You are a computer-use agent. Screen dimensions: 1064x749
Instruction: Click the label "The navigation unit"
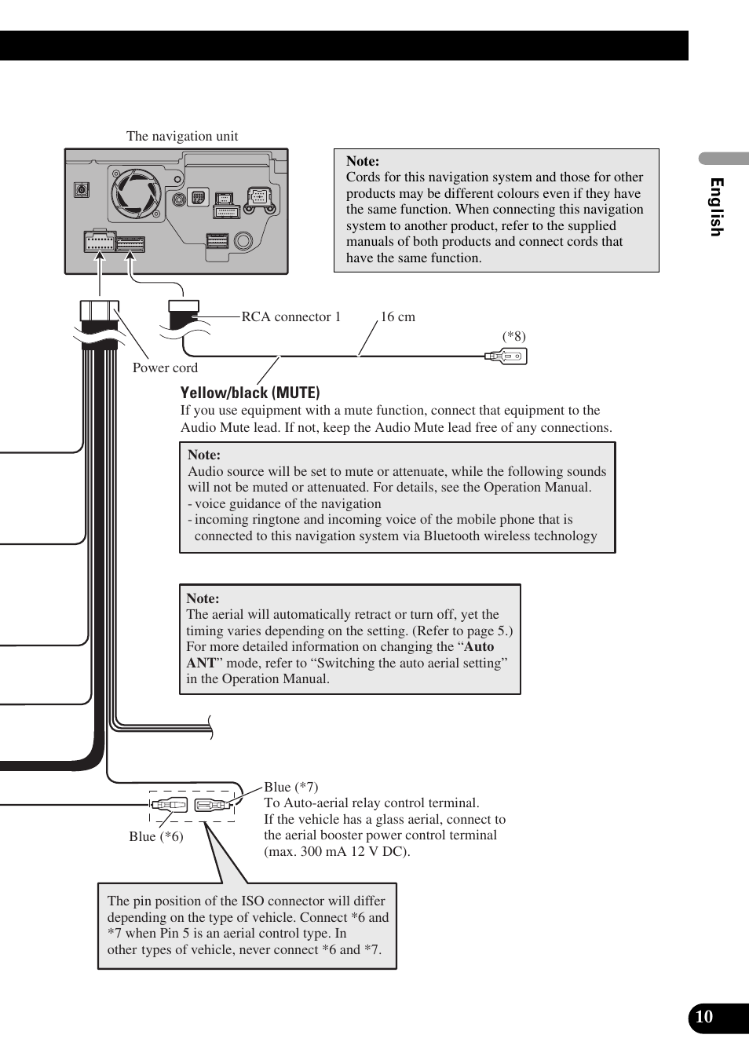point(182,136)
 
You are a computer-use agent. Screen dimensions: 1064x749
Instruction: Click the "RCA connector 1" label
point(291,316)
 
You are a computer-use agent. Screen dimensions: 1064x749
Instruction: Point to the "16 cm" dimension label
point(398,316)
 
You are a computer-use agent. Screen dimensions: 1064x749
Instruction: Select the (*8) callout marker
point(514,336)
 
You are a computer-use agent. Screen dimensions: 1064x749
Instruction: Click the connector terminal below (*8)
point(506,356)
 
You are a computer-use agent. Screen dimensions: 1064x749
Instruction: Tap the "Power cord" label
point(165,367)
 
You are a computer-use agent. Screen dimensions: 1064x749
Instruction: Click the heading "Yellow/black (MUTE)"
point(250,393)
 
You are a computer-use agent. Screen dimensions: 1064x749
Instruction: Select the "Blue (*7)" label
point(290,787)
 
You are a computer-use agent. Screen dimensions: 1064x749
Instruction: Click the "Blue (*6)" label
point(156,836)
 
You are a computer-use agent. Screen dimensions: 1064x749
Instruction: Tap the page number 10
point(704,1017)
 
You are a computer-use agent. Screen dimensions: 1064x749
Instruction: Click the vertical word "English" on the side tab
point(716,207)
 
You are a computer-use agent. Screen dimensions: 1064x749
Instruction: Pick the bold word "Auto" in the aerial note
point(479,646)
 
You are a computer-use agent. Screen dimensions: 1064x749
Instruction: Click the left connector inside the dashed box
point(170,805)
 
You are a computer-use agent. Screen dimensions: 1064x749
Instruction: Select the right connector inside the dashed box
point(212,805)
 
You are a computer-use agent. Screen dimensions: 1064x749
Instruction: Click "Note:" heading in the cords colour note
point(363,161)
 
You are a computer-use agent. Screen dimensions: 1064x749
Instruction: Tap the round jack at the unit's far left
point(81,189)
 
